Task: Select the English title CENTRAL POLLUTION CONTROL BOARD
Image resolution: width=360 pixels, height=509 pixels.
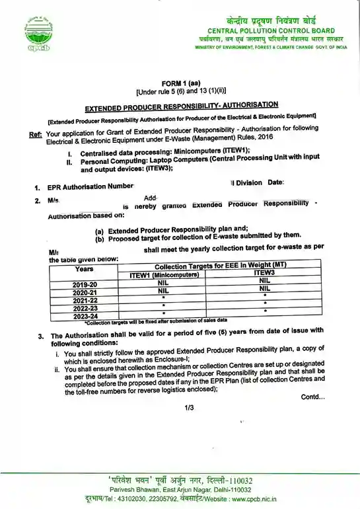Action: pos(271,31)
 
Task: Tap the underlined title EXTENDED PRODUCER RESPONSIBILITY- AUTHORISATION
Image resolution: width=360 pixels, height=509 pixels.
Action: pos(182,106)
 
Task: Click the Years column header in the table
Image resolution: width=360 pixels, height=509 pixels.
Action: pos(85,269)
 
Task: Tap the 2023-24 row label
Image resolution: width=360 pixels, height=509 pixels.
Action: pos(85,315)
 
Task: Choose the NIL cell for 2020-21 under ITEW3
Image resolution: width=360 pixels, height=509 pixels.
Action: pos(264,288)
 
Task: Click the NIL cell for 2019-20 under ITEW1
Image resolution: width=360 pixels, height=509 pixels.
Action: pos(164,282)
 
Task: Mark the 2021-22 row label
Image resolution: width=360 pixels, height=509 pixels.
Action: pos(85,299)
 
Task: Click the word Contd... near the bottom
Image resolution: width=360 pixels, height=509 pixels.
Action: pos(312,397)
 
